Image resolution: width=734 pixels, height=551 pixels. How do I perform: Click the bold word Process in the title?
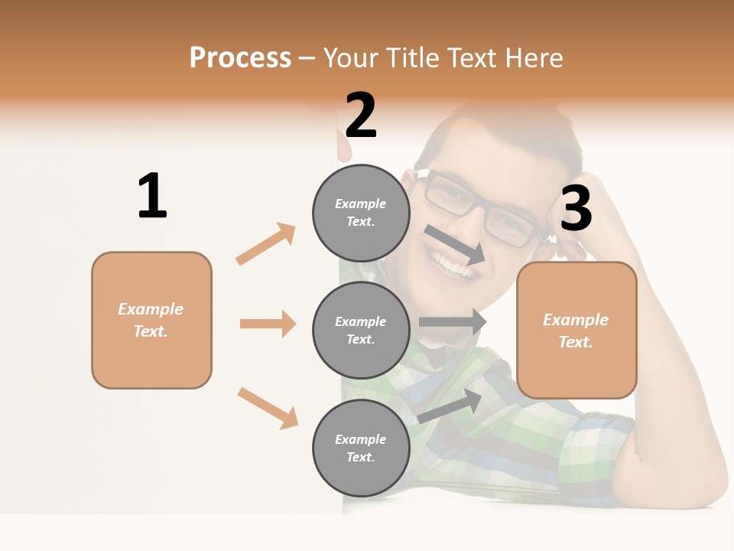[240, 57]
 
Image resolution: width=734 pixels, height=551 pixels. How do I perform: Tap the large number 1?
[152, 196]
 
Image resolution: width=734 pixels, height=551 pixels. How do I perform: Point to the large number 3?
[576, 209]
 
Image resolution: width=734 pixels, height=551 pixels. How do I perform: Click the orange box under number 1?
[151, 320]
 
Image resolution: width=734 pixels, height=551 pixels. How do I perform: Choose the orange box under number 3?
[576, 331]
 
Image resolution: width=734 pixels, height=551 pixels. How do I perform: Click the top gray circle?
[361, 213]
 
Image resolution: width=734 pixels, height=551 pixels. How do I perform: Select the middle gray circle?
[361, 330]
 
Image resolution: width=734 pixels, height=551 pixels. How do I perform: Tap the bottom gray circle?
[361, 448]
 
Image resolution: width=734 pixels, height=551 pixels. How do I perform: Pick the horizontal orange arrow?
[268, 324]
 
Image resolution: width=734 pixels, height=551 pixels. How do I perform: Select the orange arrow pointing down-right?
[268, 408]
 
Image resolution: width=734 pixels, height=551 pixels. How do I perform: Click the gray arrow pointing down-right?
[454, 245]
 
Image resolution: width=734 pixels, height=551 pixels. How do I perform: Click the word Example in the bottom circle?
[361, 439]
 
